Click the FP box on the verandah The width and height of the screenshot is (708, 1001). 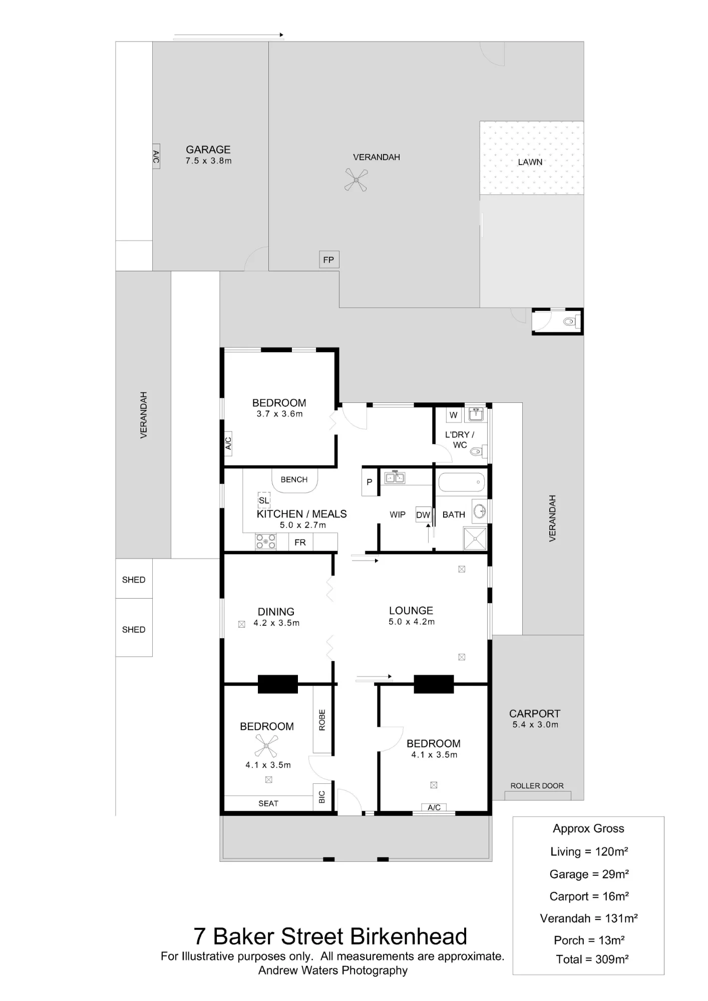click(x=329, y=260)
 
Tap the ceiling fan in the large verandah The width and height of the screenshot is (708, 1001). click(x=356, y=180)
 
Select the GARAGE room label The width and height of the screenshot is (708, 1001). click(x=208, y=150)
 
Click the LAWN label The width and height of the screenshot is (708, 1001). click(x=530, y=162)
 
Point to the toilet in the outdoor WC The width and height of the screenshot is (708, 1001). click(x=569, y=321)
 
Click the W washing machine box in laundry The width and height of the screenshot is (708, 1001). click(x=454, y=415)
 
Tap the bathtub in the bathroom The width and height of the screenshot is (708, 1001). click(x=462, y=482)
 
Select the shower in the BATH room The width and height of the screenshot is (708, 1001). click(x=474, y=538)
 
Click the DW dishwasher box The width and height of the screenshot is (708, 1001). click(x=423, y=515)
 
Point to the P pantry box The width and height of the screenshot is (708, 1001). click(x=370, y=482)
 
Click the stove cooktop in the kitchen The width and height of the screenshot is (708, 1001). click(x=266, y=542)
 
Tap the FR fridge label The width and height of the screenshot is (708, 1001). click(x=300, y=543)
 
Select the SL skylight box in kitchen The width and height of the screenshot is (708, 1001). click(x=264, y=500)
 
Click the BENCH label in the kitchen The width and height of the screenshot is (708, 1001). click(x=294, y=479)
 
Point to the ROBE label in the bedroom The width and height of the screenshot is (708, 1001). click(x=322, y=720)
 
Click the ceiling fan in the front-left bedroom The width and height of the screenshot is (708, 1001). click(x=266, y=746)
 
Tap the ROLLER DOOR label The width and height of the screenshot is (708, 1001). click(x=537, y=786)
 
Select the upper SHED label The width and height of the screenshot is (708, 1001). click(x=134, y=580)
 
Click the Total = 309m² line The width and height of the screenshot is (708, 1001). click(x=592, y=959)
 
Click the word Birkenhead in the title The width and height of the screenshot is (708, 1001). click(x=409, y=936)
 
